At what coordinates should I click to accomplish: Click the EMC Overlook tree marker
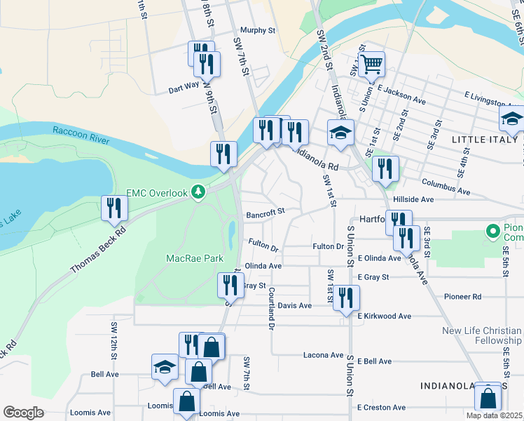tap(199, 192)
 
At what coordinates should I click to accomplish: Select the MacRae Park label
tap(194, 258)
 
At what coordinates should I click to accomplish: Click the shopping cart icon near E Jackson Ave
tap(372, 65)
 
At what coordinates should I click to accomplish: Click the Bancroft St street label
tap(265, 211)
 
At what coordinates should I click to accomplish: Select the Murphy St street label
tap(258, 30)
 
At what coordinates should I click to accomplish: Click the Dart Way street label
tap(184, 90)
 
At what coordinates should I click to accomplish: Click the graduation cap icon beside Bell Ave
tap(165, 366)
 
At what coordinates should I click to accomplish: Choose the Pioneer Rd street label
tap(467, 297)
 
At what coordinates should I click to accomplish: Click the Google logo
tap(23, 413)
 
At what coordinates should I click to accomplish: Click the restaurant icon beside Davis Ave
tap(345, 298)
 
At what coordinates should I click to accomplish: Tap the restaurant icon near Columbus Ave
tap(385, 168)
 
